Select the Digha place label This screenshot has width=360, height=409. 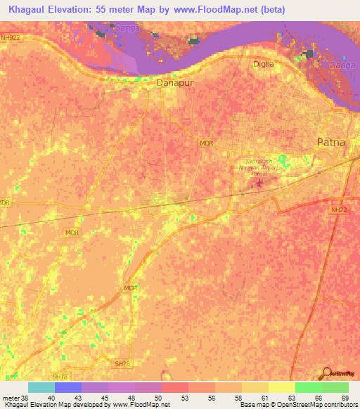[x=263, y=64]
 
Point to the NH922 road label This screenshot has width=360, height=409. [x=11, y=37]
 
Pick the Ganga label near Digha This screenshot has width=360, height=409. [x=341, y=64]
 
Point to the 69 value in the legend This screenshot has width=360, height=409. [x=345, y=397]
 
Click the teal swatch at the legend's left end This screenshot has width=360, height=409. [x=41, y=387]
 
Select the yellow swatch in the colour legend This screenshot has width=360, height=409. [x=281, y=387]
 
